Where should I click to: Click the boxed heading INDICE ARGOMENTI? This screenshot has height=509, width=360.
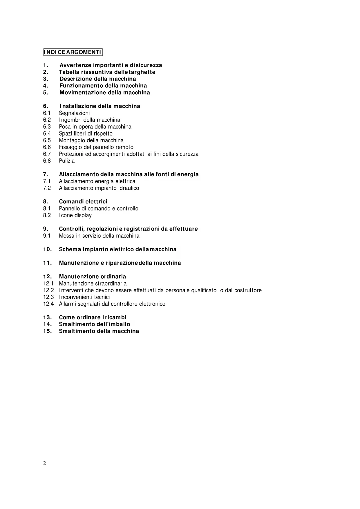point(73,52)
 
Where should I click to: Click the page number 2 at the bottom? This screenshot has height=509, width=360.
point(45,463)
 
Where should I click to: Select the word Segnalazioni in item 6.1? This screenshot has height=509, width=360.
point(74,113)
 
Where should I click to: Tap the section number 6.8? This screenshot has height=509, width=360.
point(47,161)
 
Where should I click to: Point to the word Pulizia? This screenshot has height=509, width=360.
point(67,161)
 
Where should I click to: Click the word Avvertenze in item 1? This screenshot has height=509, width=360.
point(75,65)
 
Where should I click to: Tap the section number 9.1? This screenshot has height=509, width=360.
point(47,236)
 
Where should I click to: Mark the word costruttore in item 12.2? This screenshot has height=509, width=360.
point(248,290)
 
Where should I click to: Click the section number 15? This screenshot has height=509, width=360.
point(47,331)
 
